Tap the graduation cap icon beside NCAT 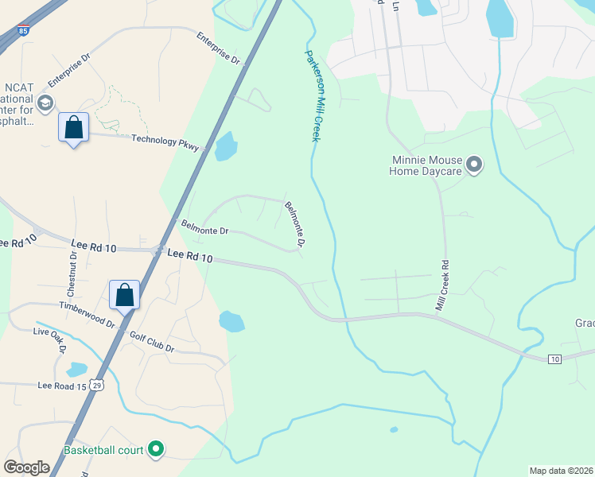coord(45,103)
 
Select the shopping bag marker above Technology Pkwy coord(73,127)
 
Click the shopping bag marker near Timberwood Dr coord(125,295)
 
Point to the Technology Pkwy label coord(165,141)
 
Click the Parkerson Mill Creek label coord(313,96)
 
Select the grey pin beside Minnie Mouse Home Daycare coord(475,165)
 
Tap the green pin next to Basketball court coord(156,450)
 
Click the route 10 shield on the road coord(554,359)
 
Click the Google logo coord(26,467)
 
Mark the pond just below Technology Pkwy coord(227,145)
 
